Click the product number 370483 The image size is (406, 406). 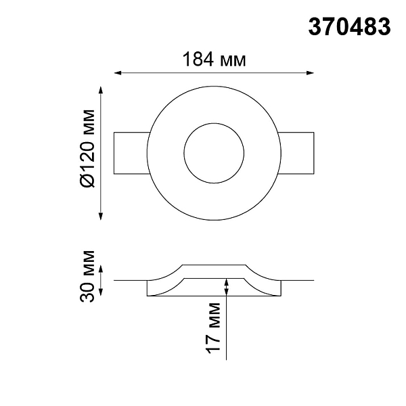coord(349,27)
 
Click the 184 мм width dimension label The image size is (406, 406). coord(214,60)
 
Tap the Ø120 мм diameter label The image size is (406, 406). coord(87,148)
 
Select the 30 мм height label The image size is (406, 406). coord(87,276)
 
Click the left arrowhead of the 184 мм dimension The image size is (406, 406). coord(118,73)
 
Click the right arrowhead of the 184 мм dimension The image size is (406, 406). coord(310,73)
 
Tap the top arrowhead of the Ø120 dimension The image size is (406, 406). coord(101,90)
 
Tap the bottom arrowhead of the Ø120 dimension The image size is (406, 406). coord(101,217)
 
